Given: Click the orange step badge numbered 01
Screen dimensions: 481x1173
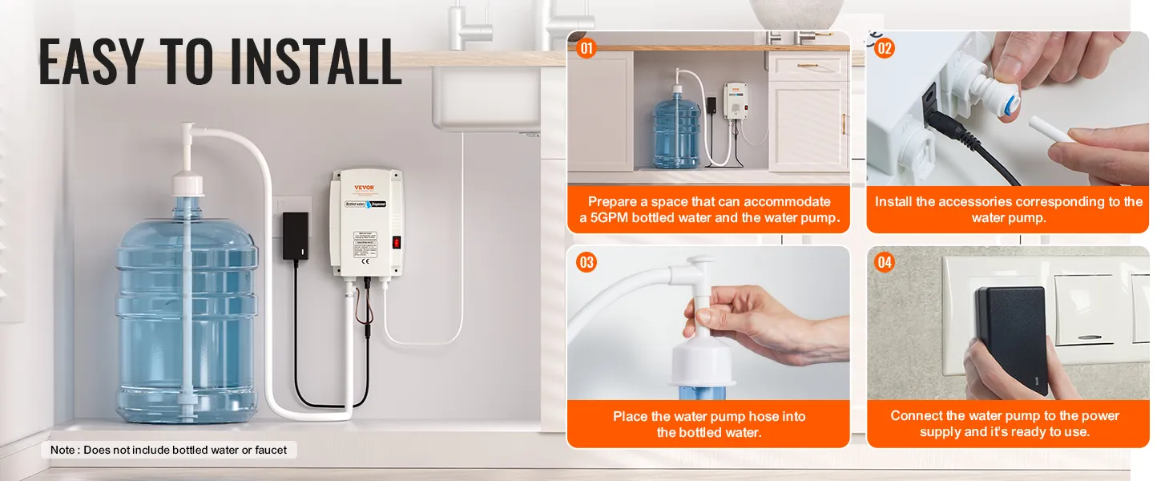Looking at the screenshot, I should click(x=587, y=48).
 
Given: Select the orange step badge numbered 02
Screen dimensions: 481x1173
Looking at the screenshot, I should click(x=884, y=48).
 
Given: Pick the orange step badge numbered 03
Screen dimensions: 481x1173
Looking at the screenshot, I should click(x=587, y=262).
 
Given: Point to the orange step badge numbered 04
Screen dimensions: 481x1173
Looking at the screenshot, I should click(x=884, y=262).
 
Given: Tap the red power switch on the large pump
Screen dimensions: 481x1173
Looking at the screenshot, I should click(x=395, y=242).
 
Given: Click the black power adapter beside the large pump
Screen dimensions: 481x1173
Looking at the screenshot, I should click(x=295, y=236).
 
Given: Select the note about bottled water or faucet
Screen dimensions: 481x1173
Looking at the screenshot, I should click(x=168, y=450).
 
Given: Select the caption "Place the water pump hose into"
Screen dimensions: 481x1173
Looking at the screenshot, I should click(x=708, y=416).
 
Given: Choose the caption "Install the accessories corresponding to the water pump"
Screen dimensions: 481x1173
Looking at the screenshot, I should click(x=1008, y=209).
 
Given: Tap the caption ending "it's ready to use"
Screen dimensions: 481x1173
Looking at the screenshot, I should click(x=1008, y=432).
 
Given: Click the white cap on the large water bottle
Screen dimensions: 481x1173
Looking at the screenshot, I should click(x=187, y=185).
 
